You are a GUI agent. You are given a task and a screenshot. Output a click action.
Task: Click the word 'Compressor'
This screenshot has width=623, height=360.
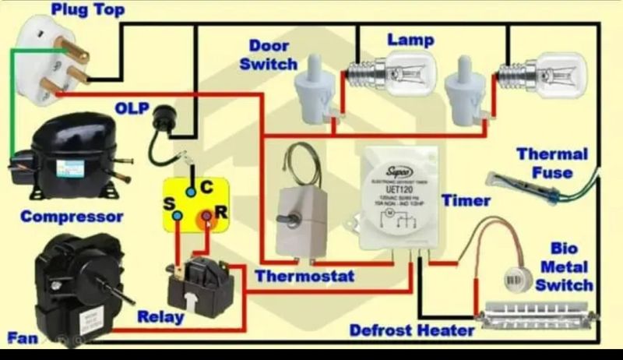(x=72, y=216)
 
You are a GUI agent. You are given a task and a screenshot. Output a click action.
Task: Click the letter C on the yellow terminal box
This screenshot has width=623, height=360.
(x=206, y=188)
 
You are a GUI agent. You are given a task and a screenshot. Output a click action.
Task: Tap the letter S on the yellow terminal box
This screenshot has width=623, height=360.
(x=167, y=203)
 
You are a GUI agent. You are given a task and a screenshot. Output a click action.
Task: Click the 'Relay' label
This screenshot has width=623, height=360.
(x=160, y=316)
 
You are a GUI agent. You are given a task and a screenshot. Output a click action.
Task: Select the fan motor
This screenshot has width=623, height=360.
(x=74, y=281)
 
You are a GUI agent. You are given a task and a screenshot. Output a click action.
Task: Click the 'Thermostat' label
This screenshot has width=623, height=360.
(x=304, y=276)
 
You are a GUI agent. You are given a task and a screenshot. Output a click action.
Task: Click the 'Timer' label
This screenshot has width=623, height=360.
(x=466, y=200)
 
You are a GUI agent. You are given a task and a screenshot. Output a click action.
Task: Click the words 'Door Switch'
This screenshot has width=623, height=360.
(x=269, y=55)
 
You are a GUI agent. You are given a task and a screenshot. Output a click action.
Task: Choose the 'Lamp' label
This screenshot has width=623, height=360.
(x=410, y=39)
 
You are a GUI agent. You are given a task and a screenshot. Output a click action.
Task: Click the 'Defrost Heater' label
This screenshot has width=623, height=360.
(x=412, y=330)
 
